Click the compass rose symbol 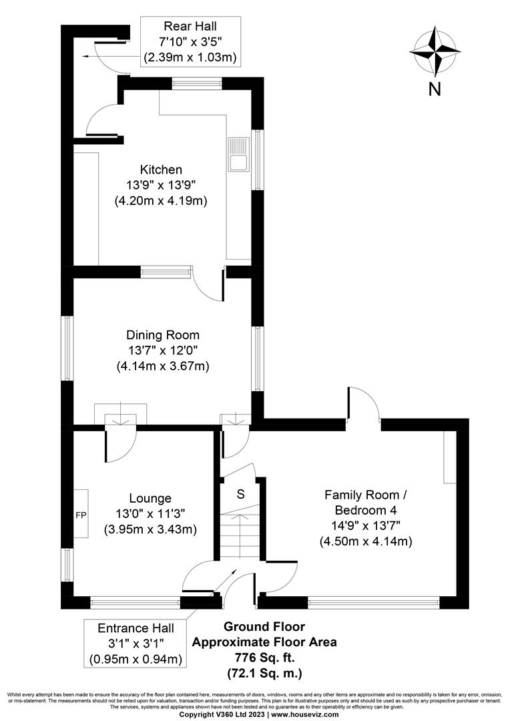[435, 51]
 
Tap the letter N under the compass [435, 89]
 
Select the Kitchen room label [161, 170]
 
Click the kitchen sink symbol [238, 153]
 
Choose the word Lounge [150, 498]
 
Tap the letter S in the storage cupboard [240, 495]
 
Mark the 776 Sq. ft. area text [264, 657]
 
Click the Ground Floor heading [264, 627]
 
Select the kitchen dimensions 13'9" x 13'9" [161, 185]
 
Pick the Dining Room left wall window [67, 348]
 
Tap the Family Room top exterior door [363, 408]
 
